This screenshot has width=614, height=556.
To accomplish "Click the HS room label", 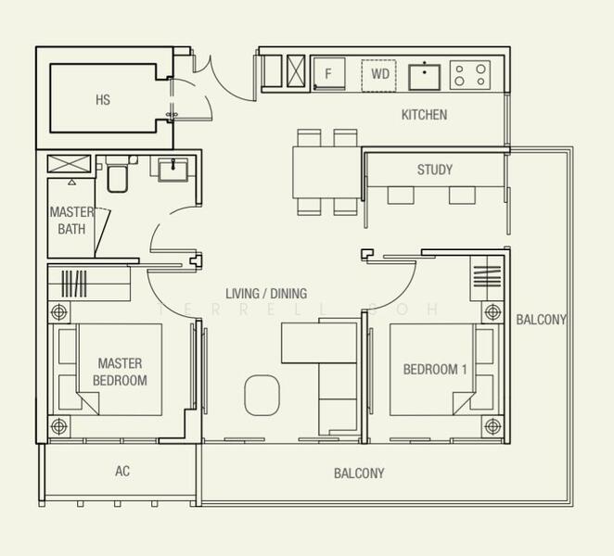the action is click(103, 100).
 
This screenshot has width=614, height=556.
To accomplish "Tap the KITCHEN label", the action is click(424, 115).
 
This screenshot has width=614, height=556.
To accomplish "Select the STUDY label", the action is click(435, 170).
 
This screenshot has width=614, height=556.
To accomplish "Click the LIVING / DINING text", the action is click(266, 294).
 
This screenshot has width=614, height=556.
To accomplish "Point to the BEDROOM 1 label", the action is click(435, 370).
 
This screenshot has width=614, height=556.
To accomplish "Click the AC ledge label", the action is click(122, 471).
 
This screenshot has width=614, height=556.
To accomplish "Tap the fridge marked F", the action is click(329, 74).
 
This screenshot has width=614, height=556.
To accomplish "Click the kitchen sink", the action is click(425, 76).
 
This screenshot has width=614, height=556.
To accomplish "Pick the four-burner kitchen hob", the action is click(470, 75).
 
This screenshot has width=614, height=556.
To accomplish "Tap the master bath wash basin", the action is click(173, 170).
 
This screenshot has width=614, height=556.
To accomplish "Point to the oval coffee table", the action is click(262, 395).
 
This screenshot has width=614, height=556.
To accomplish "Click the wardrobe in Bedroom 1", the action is click(487, 278).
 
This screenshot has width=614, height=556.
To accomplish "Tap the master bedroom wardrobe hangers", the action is click(74, 284).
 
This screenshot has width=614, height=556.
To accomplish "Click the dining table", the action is click(326, 172).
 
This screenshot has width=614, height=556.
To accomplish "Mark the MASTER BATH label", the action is click(71, 221).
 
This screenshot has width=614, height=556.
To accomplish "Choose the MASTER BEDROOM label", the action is click(120, 372).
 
